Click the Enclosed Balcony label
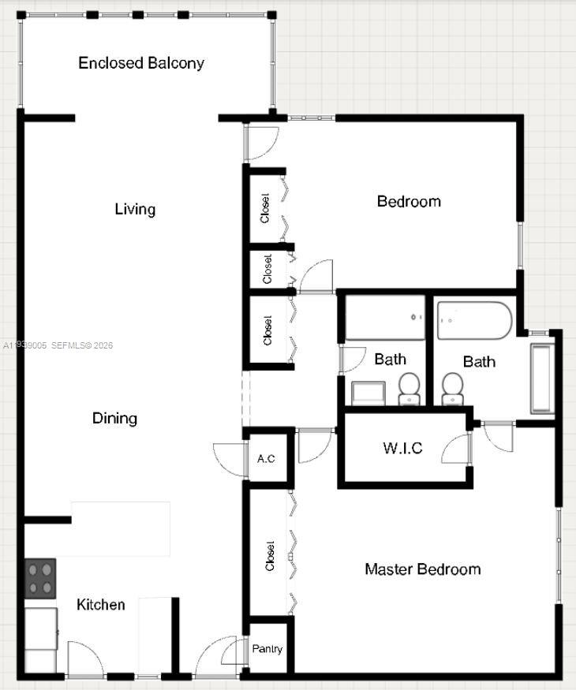(x=141, y=63)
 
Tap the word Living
(x=135, y=209)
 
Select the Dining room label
(x=115, y=418)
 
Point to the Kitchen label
(x=101, y=605)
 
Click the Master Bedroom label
(x=422, y=569)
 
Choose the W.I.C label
(x=402, y=449)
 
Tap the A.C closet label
(x=267, y=458)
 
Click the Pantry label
(x=267, y=649)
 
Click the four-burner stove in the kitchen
(x=41, y=579)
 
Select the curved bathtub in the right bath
(x=474, y=320)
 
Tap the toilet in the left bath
(x=409, y=387)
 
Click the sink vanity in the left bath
(x=367, y=392)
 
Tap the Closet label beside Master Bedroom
(x=270, y=555)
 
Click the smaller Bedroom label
(x=409, y=202)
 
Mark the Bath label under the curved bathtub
(x=479, y=362)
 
